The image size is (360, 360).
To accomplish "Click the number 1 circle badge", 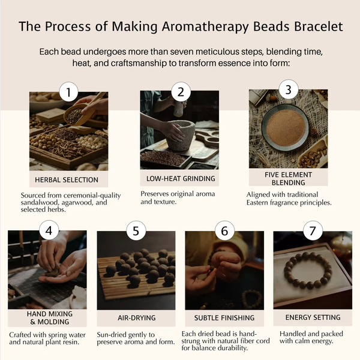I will (71, 92).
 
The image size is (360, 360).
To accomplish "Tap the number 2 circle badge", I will (180, 92).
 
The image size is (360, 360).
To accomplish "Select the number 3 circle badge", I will (289, 90).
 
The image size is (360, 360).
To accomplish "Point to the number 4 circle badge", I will (49, 230).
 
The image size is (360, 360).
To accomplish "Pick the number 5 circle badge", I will (136, 230).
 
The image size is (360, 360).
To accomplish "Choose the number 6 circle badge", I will (224, 230).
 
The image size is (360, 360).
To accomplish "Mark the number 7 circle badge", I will (313, 230).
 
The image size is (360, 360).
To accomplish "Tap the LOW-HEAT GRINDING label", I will (180, 179).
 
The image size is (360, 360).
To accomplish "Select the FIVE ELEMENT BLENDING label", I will (288, 178).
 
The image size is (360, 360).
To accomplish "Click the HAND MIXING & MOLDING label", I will (48, 318).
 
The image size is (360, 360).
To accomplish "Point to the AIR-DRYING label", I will (136, 317).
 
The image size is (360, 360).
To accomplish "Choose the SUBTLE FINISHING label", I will (224, 317).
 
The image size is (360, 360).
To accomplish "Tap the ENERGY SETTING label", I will (313, 317).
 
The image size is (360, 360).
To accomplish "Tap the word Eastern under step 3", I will (263, 203).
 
